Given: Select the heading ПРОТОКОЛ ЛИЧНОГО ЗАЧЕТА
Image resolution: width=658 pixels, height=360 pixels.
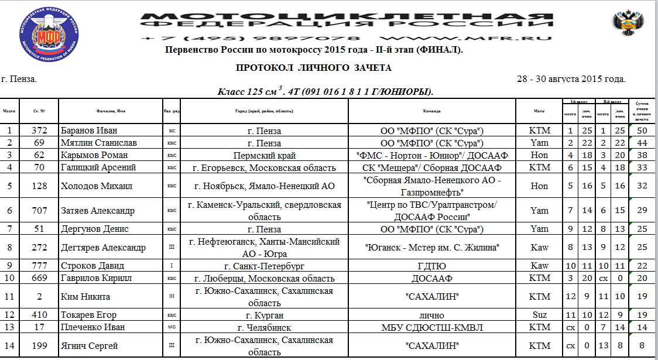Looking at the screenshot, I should [x=314, y=68].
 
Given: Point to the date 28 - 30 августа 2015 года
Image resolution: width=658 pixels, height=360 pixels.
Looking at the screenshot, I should [x=571, y=79].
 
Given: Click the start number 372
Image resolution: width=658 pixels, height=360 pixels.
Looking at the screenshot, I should [x=39, y=131].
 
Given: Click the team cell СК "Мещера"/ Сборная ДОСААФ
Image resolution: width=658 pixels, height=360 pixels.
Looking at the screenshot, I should [x=432, y=168].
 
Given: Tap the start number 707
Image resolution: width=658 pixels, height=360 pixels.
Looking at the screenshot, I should [x=39, y=211].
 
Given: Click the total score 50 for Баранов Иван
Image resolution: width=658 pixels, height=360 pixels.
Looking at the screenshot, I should [x=642, y=131].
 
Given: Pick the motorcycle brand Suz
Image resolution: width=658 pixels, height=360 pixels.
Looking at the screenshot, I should [x=539, y=315].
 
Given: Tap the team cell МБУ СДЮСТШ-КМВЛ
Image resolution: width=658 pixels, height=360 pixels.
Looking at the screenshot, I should [x=432, y=327].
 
